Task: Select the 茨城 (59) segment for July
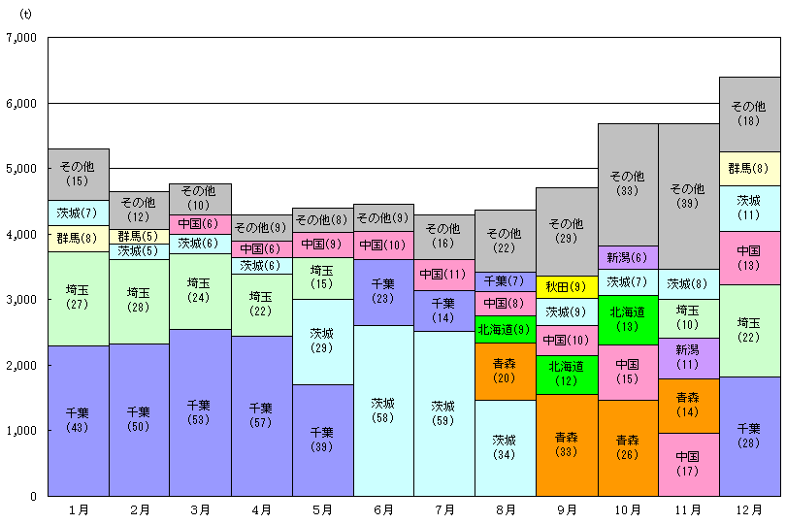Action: click(443, 413)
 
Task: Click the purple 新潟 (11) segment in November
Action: click(687, 357)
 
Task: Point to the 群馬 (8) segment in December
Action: click(748, 168)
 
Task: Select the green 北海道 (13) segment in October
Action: click(627, 319)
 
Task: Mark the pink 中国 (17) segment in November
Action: click(687, 464)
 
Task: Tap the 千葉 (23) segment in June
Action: click(382, 291)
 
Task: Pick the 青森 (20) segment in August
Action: click(505, 371)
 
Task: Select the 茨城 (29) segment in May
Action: click(321, 341)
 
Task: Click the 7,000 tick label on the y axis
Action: click(20, 38)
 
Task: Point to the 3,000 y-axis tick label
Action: click(20, 300)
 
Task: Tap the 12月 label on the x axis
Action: click(748, 508)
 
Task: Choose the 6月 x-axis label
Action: click(382, 508)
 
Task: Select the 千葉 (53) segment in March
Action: click(199, 412)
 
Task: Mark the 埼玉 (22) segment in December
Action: click(748, 330)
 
